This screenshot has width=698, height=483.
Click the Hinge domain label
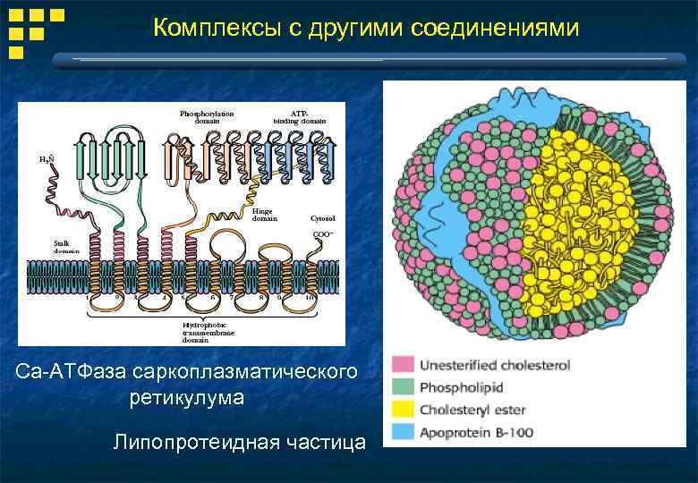click(x=264, y=214)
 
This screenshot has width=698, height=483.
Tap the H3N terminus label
click(x=47, y=158)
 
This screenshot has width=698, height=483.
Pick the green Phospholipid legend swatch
click(x=403, y=388)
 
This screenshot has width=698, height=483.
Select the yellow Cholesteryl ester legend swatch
click(x=403, y=411)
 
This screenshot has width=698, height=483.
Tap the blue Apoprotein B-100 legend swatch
click(x=403, y=433)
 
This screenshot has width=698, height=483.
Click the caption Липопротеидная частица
click(x=239, y=442)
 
